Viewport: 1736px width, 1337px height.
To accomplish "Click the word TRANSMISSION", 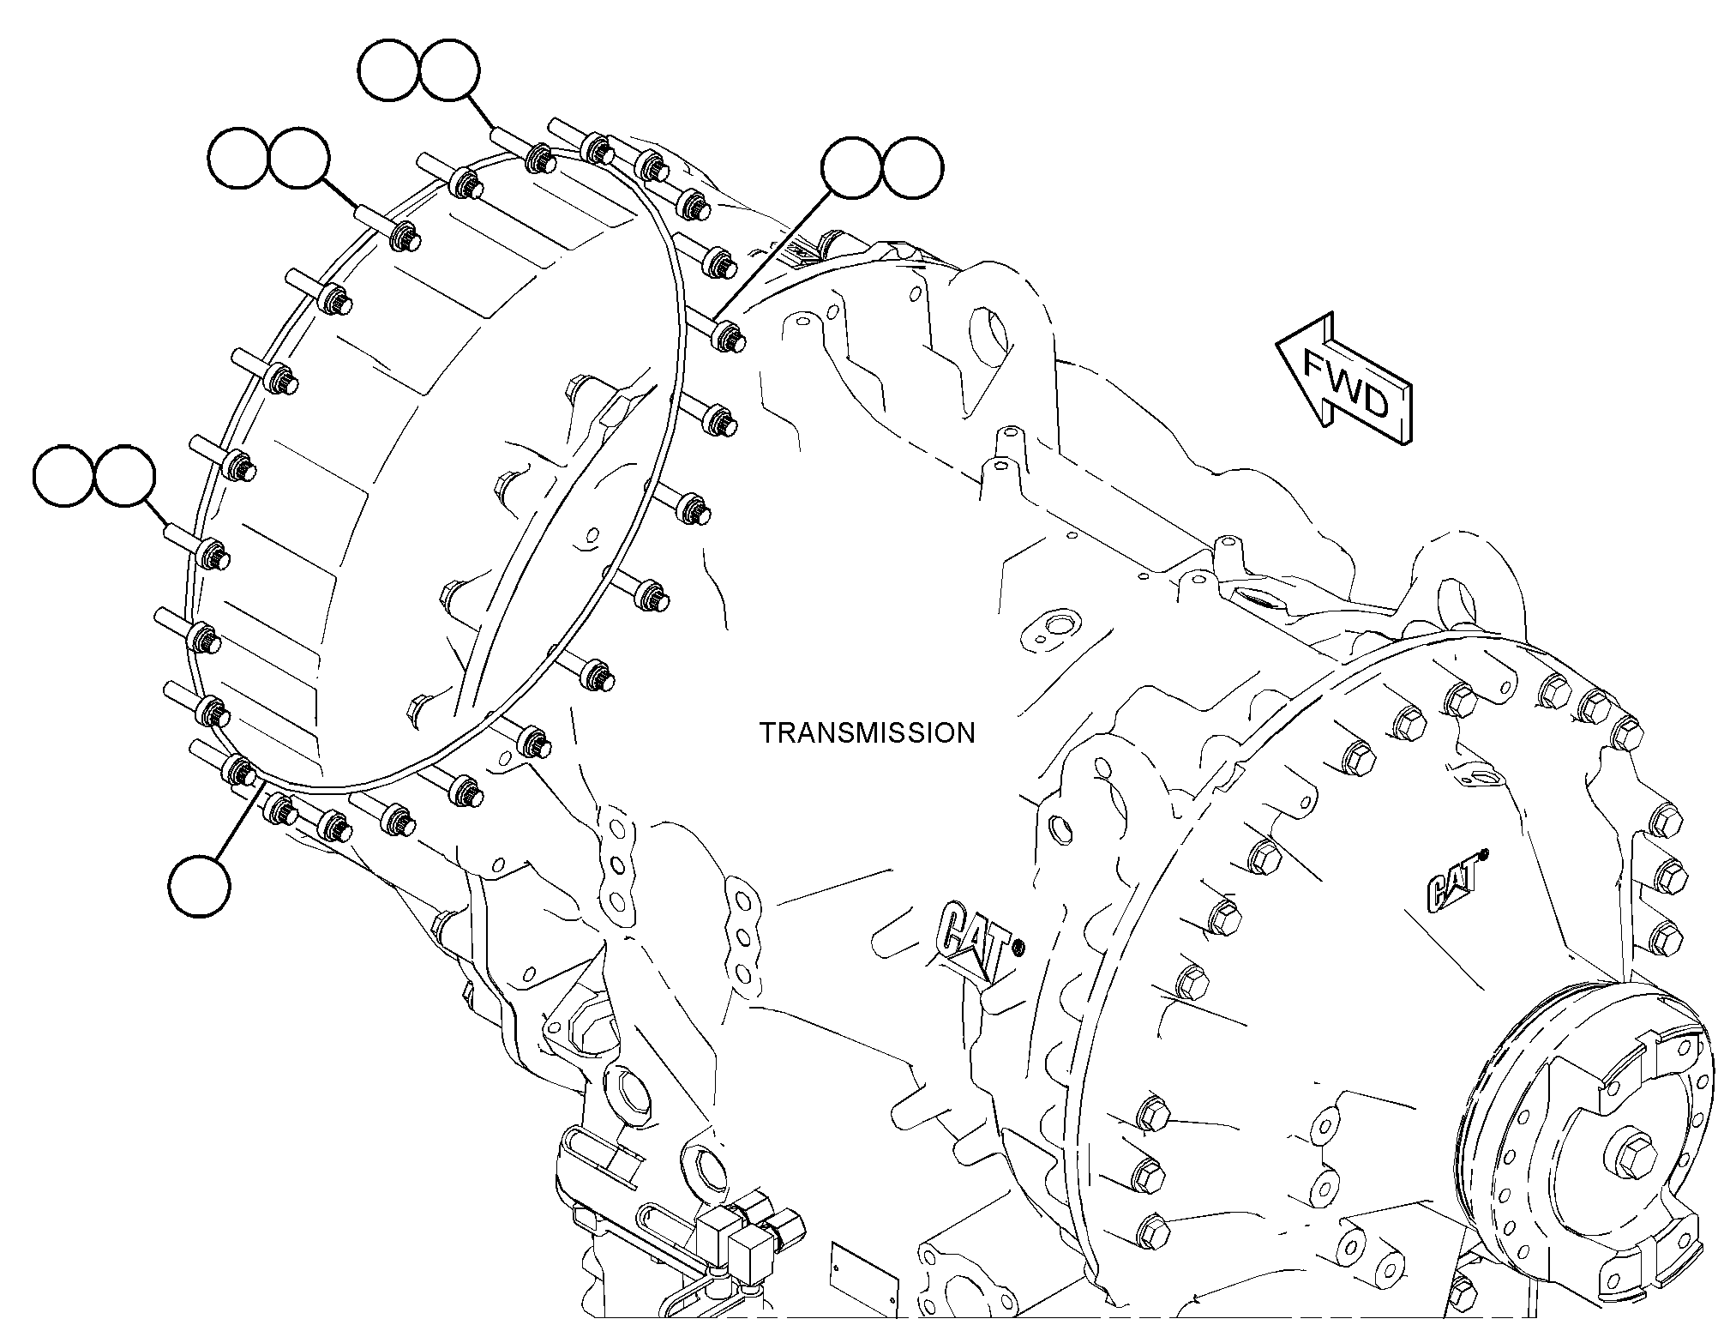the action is coord(868,732).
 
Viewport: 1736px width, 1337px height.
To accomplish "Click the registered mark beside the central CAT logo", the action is coord(1018,948).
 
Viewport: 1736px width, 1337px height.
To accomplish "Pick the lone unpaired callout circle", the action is coord(199,887).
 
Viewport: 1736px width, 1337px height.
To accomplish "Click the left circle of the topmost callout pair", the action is coord(389,73).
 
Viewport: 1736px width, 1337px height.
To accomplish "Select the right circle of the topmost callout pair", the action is coord(448,73).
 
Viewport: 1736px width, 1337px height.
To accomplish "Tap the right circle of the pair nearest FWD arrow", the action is coord(912,168).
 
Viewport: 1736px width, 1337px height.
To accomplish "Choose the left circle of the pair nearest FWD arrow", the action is coord(853,168).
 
